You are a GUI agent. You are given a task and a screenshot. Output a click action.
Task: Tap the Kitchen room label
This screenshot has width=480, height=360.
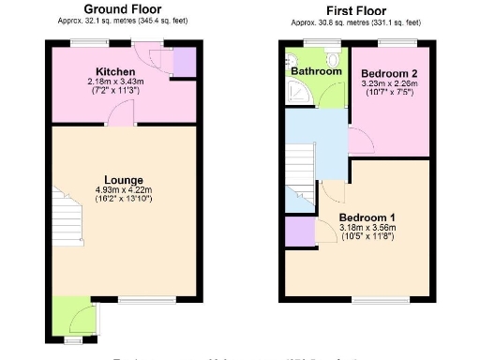[x=115, y=71]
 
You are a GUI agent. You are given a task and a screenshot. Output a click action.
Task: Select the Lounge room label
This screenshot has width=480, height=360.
[x=124, y=180]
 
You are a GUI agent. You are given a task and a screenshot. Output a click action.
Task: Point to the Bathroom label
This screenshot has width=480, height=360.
[x=315, y=71]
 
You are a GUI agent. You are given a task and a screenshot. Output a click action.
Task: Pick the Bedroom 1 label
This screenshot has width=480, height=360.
[x=367, y=217]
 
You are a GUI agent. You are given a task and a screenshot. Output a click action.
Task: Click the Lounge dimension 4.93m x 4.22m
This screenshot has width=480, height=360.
[x=124, y=190]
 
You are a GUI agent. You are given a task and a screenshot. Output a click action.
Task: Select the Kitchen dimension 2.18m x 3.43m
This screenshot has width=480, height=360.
[x=116, y=82]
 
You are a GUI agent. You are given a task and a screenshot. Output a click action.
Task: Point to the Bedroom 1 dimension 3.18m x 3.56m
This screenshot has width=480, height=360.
[x=367, y=228]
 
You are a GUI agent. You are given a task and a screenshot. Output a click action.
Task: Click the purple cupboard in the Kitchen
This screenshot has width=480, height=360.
[x=185, y=63]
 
